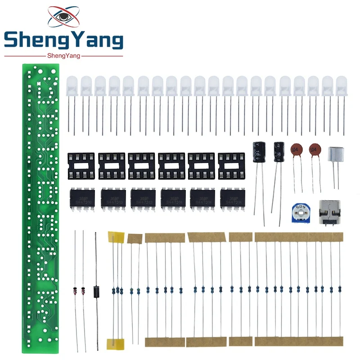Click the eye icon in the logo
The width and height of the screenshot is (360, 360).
(63, 17)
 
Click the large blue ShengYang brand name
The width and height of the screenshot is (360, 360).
(63, 41)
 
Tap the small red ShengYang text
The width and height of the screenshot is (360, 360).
(63, 55)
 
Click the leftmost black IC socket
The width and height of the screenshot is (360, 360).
(81, 165)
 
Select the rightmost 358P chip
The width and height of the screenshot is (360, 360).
(233, 198)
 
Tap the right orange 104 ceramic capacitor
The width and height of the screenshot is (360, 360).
(315, 150)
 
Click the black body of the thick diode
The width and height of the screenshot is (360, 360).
(95, 291)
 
